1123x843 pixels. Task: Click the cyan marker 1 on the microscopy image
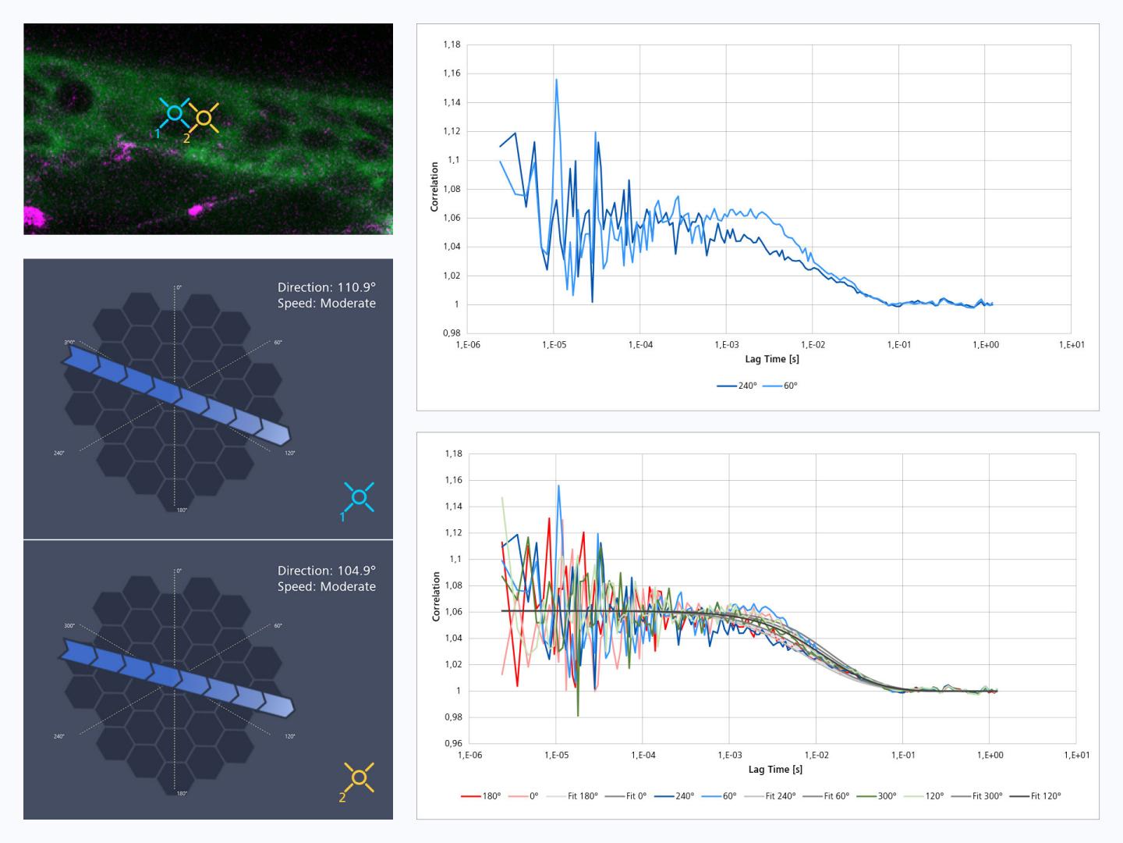coord(175,114)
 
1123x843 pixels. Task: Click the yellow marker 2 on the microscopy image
coord(204,118)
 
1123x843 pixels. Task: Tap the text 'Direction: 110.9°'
coord(326,287)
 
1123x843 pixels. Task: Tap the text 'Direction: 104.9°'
coord(326,571)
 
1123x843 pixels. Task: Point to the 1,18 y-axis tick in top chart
coord(452,44)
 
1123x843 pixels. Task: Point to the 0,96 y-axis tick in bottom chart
coord(452,743)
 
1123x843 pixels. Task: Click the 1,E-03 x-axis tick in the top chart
coord(726,344)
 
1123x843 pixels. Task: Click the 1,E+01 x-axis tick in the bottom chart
coord(1076,755)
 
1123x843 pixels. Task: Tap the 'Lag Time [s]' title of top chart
coord(772,359)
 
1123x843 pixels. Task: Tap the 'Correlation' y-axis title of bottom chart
coord(436,596)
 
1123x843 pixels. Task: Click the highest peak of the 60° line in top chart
coord(556,79)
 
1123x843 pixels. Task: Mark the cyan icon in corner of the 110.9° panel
coord(359,497)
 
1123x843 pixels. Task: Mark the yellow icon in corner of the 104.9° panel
coord(359,777)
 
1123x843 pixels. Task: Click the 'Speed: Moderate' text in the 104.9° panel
coord(326,586)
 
